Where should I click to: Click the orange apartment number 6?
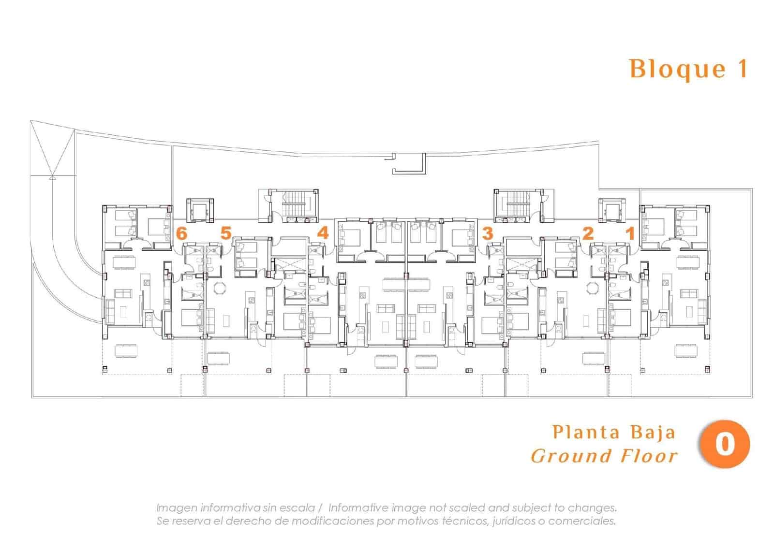(x=181, y=233)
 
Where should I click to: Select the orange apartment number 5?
(x=226, y=233)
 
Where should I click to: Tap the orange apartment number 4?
(x=323, y=233)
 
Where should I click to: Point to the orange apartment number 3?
(x=487, y=233)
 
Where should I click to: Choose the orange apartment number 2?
(x=588, y=233)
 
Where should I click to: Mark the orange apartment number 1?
(x=630, y=233)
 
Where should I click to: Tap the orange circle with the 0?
(x=724, y=444)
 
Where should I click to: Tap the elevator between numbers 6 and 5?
(x=199, y=211)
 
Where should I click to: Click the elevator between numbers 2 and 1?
(x=612, y=211)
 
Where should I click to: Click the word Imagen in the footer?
(x=176, y=508)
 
